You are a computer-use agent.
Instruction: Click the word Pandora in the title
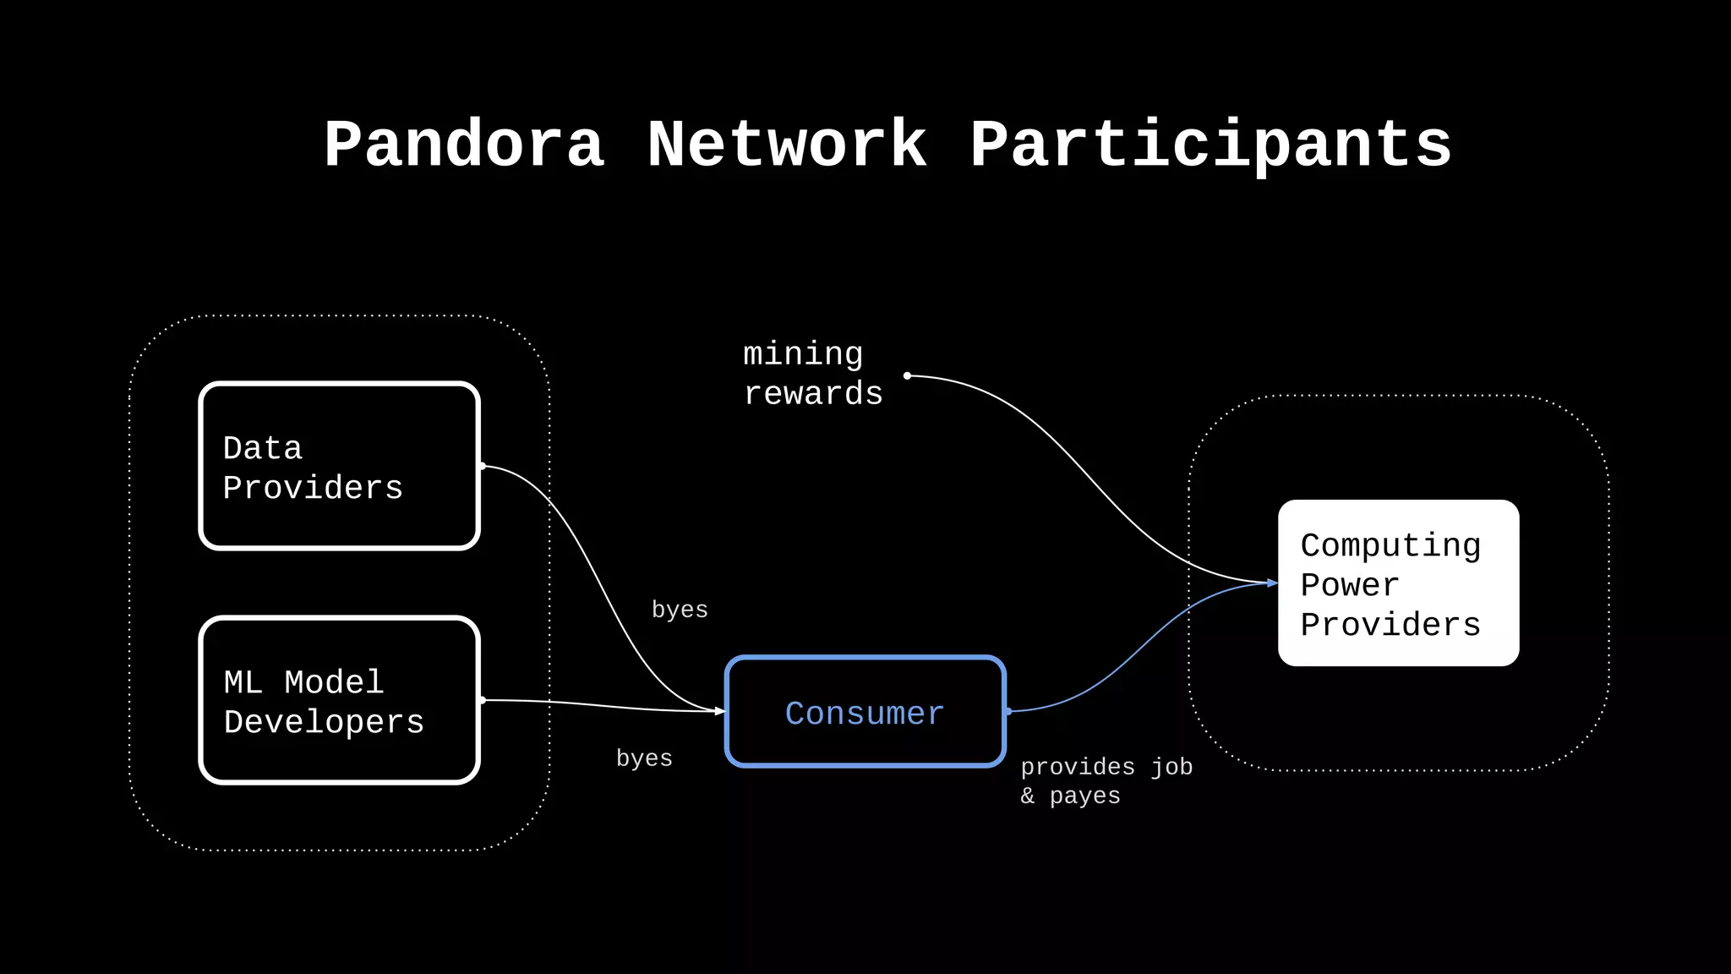point(464,145)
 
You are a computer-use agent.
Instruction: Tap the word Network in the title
point(787,145)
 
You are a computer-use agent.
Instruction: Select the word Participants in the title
point(1210,145)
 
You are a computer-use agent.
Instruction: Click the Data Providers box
point(340,466)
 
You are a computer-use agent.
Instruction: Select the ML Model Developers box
point(340,700)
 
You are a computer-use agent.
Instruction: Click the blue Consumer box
point(865,712)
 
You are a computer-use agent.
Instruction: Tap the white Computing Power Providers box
point(1398,583)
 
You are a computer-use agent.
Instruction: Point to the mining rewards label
point(811,374)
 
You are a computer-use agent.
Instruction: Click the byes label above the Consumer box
point(680,610)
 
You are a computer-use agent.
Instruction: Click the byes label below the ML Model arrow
point(644,758)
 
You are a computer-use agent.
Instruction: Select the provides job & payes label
point(1106,781)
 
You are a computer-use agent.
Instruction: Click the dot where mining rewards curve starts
point(907,375)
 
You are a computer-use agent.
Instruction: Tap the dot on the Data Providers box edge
point(482,466)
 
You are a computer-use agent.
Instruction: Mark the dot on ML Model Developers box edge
point(482,700)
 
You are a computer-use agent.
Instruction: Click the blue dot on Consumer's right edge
point(1007,711)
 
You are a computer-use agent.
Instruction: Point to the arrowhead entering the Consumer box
point(720,711)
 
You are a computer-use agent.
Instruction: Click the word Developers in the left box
point(324,723)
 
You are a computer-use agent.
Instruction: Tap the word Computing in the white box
point(1390,545)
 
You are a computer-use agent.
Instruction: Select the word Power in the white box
point(1350,585)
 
